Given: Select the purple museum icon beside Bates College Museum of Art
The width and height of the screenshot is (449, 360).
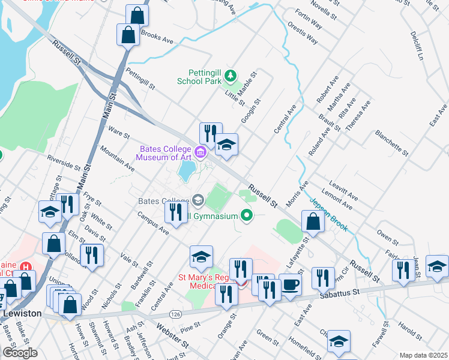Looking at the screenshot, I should click(200, 153).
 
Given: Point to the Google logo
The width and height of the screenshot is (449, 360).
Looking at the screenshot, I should click(20, 353).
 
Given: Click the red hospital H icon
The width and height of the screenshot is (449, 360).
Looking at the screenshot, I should click(25, 266).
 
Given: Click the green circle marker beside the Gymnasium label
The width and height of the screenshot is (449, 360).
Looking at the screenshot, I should click(246, 215).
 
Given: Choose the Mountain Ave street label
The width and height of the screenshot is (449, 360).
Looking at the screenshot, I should click(116, 155).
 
